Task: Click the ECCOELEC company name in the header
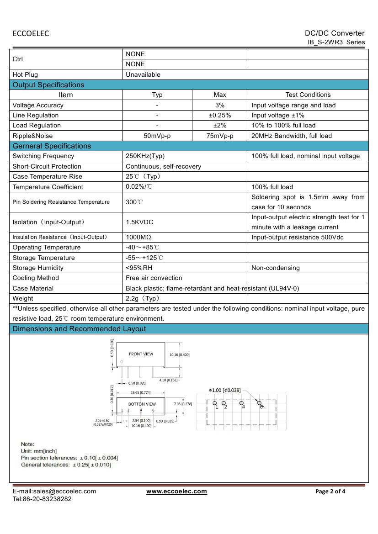[x=31, y=33]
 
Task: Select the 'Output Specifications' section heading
[x=48, y=85]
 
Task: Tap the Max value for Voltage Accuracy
[x=220, y=105]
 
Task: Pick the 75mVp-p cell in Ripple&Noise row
[x=220, y=136]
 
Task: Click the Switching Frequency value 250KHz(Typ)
[x=145, y=156]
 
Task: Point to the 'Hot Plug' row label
[x=25, y=74]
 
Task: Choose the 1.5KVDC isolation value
[x=139, y=222]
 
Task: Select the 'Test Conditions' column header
[x=308, y=95]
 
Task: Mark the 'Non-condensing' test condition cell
[x=276, y=268]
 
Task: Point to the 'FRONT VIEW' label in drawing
[x=141, y=354]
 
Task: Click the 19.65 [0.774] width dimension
[x=140, y=392]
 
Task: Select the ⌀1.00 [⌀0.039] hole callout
[x=224, y=390]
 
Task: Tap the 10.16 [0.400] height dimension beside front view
[x=179, y=354]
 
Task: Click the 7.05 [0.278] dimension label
[x=183, y=404]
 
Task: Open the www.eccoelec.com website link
[x=176, y=491]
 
